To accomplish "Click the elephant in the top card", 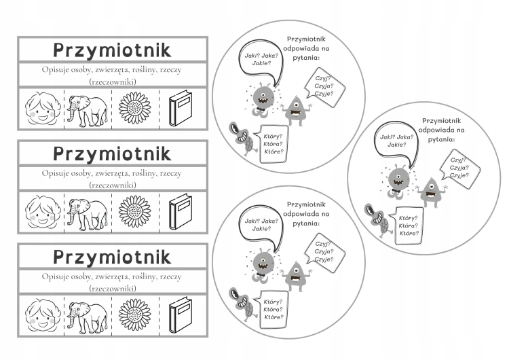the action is pos(88,111).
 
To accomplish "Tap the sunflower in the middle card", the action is pos(135,211).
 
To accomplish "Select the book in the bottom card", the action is pos(181,314).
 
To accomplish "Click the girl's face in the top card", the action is pos(43,109).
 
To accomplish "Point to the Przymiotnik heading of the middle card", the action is pos(112,154).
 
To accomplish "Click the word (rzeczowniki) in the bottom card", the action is pos(112,289).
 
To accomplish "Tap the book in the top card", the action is pos(181,108).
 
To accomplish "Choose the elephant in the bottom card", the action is pos(88,317).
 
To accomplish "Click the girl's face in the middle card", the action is pos(43,212).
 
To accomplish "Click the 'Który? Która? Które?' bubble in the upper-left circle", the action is pos(274,144).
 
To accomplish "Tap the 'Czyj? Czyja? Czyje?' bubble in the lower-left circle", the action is pos(324,252).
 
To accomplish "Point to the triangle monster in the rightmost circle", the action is pos(431,193).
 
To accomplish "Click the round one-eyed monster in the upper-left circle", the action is pos(262,100).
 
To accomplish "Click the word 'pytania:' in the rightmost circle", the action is pos(442,139).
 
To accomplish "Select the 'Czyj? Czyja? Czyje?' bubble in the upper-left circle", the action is pos(324,87).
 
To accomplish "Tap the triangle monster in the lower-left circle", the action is pos(296,276).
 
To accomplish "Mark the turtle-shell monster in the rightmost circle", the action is pos(377,221).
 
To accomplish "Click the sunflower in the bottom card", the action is pos(135,314).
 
